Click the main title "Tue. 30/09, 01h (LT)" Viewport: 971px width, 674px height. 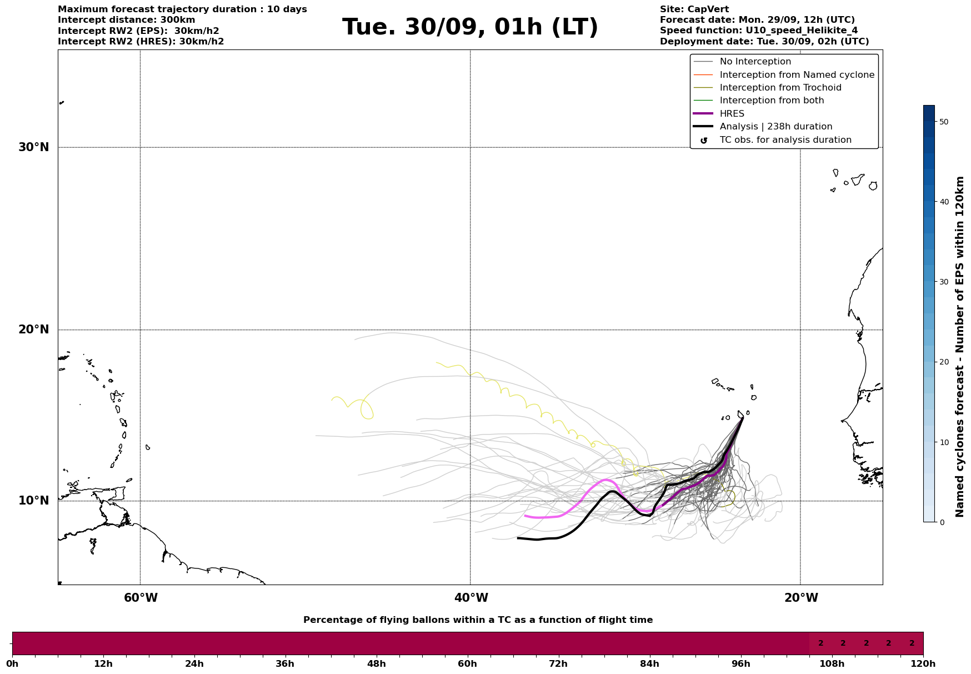pos(470,27)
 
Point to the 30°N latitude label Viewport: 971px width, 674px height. pos(34,147)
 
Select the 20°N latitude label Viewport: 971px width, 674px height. pos(34,329)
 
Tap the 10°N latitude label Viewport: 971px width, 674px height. pos(34,501)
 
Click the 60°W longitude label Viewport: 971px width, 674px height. pos(141,598)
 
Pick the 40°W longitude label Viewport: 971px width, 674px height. pos(471,598)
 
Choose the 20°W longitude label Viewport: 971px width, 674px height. pos(801,598)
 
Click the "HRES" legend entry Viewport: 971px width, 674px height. pos(732,114)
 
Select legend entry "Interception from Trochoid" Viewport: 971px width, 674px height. pos(780,88)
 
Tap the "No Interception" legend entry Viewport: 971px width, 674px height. pos(755,62)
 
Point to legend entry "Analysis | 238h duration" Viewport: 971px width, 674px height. pos(775,127)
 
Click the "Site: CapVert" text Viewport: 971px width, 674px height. pos(694,9)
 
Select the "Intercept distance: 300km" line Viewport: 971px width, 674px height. pos(127,20)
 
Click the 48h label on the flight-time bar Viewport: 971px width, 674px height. pos(376,663)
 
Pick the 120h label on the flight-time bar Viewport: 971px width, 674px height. pos(923,663)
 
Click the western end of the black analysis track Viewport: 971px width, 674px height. pos(518,538)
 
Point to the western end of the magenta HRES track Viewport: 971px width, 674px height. pos(525,516)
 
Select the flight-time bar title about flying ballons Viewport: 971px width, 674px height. pos(478,620)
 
